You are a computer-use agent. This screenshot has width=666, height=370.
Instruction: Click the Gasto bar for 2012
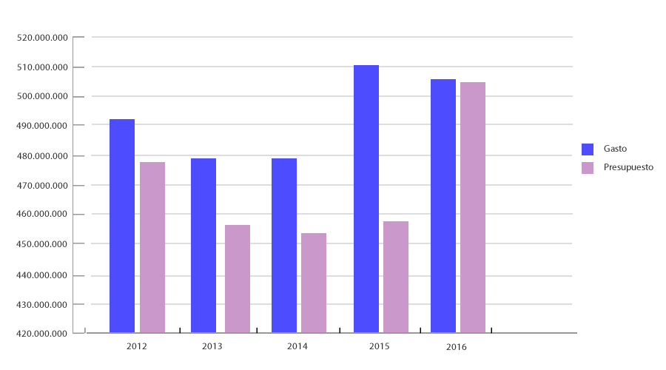(x=122, y=226)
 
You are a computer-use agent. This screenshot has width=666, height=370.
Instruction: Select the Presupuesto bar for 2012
(x=152, y=247)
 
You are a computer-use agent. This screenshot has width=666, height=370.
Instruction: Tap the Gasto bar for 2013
(x=203, y=245)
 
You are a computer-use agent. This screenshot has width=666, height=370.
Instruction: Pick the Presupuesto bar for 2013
(x=238, y=279)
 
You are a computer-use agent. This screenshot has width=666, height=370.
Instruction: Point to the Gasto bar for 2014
(x=284, y=245)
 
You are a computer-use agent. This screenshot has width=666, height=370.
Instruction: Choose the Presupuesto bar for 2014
(x=314, y=283)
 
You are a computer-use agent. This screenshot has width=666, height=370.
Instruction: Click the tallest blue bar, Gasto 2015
(x=366, y=199)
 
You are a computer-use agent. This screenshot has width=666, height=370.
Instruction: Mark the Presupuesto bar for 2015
(x=396, y=277)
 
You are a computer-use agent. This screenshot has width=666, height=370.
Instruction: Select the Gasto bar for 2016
(x=443, y=206)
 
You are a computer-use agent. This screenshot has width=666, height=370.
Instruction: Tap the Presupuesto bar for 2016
(x=473, y=207)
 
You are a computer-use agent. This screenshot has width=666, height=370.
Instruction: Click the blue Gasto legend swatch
(x=588, y=149)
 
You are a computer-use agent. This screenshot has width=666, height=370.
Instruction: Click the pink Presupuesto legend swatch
(x=588, y=168)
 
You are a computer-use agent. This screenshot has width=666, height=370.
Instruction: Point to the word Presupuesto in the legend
(x=628, y=168)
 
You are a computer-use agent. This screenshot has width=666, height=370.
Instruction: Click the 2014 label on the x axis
(x=297, y=346)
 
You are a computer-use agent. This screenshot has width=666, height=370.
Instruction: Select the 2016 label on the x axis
(x=457, y=347)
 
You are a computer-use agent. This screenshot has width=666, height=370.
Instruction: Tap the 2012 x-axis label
(x=136, y=346)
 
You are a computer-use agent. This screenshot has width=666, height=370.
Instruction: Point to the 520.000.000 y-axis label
(x=44, y=37)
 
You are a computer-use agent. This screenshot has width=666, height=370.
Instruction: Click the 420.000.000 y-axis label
(x=44, y=334)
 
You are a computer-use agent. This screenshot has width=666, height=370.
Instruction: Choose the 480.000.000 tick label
(x=44, y=156)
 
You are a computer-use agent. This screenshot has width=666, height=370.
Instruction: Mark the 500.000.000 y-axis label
(x=44, y=97)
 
